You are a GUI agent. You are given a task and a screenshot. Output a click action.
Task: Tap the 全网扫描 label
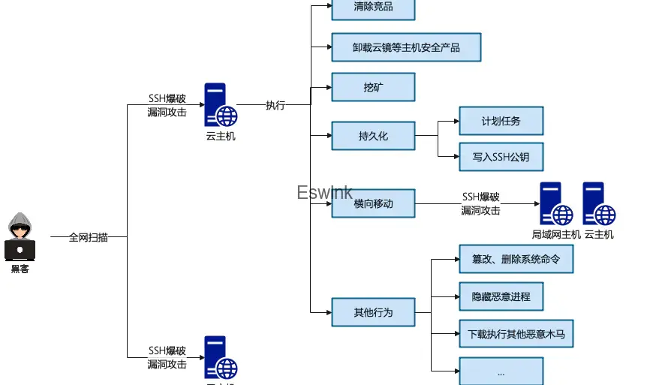[x=88, y=237]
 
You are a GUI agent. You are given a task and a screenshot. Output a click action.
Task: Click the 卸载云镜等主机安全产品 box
[x=406, y=47]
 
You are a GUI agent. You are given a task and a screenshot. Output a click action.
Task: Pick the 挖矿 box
[x=373, y=87]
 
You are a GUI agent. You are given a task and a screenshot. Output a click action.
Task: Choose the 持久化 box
[x=373, y=136]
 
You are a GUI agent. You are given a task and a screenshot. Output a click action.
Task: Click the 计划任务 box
[x=501, y=120]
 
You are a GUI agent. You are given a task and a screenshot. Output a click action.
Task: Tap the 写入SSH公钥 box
[x=501, y=157]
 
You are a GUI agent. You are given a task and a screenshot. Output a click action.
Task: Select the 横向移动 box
[x=373, y=203]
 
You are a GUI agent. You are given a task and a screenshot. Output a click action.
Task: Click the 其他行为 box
[x=373, y=311]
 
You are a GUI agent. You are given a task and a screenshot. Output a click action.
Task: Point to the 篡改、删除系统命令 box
[x=516, y=259]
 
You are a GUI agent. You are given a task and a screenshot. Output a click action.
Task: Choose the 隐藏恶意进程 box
[x=501, y=296]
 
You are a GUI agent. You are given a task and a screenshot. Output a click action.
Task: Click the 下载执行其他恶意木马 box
[x=516, y=333]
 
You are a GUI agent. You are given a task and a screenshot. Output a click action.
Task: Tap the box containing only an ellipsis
[x=501, y=371]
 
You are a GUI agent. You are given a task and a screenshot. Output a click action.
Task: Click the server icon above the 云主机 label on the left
[x=221, y=105]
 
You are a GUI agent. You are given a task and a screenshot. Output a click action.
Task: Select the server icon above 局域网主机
[x=556, y=204]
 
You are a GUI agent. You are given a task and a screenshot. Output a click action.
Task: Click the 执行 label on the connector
[x=275, y=105]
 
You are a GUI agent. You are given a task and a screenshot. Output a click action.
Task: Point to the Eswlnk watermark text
[x=324, y=193]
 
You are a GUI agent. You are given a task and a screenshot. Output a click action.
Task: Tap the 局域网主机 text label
[x=556, y=234]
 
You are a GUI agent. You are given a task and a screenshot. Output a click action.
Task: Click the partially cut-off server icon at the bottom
[x=221, y=359]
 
